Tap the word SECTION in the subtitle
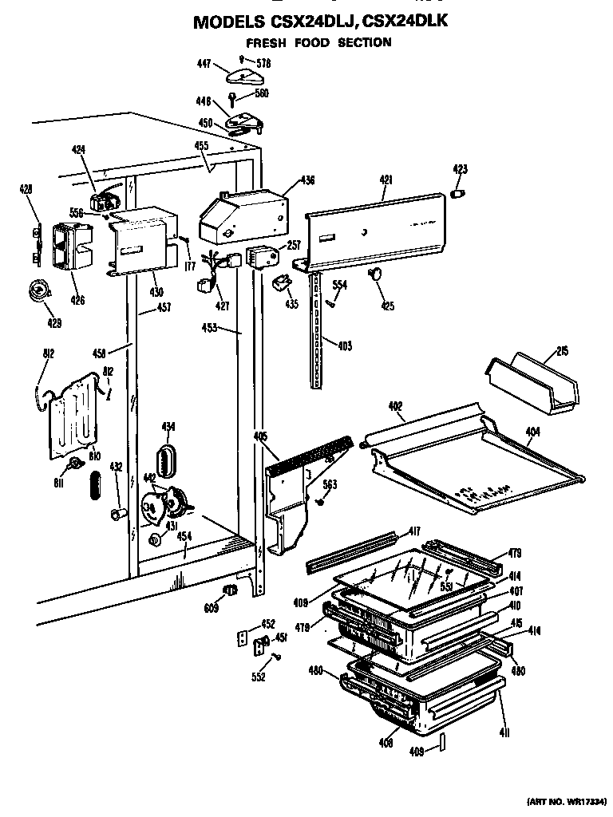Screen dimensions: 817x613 364,42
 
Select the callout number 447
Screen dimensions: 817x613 205,64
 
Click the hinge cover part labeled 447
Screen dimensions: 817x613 242,77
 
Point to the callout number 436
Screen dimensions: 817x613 307,181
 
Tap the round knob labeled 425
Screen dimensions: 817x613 374,275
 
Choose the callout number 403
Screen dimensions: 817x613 344,345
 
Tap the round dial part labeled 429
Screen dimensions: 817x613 36,290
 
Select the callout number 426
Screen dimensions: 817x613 77,300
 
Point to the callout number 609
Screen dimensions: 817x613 210,608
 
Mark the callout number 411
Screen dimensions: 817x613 504,732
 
